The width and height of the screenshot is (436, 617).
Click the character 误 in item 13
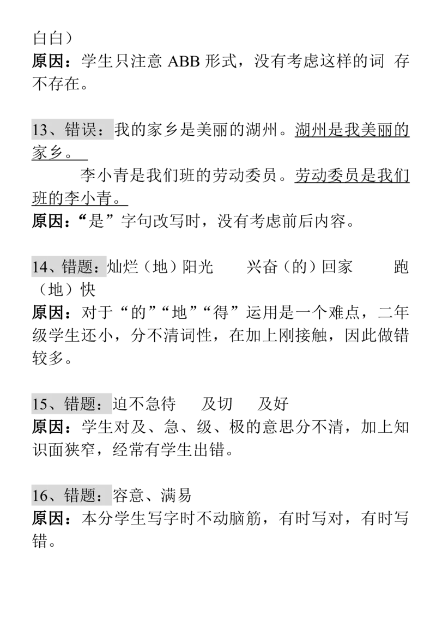pos(89,131)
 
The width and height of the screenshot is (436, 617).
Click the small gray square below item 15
pos(46,417)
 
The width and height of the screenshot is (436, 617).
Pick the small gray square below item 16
pos(46,509)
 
